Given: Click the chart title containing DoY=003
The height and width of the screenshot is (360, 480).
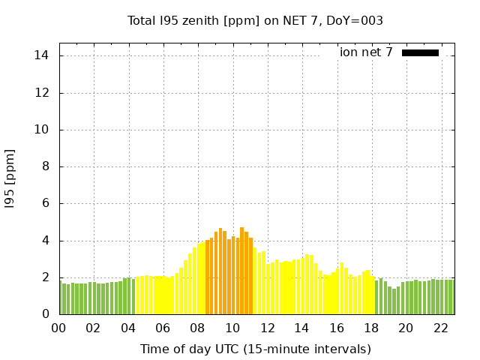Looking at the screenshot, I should tap(255, 21).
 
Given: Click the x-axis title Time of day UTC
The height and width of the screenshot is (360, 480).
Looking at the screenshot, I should tap(255, 349).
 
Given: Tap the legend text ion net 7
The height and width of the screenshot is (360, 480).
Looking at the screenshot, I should tap(366, 52).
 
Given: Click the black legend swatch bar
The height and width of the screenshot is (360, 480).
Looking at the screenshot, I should tap(420, 52).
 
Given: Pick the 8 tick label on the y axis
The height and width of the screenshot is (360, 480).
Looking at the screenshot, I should tap(45, 166).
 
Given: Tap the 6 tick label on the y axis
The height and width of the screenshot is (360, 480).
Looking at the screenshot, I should tap(45, 203).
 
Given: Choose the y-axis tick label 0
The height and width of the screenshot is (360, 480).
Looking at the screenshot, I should tap(45, 315).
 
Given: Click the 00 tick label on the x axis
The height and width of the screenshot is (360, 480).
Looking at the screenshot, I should tap(59, 328).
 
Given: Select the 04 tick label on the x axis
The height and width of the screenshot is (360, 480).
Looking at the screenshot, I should tap(128, 328).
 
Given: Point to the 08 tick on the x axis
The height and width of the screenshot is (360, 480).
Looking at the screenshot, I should tap(198, 328).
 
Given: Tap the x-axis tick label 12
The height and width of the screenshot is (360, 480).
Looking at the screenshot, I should tap(267, 328).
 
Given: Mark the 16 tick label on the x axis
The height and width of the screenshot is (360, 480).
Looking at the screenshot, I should tap(337, 328).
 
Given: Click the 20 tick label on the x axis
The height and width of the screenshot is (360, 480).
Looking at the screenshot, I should tap(406, 328).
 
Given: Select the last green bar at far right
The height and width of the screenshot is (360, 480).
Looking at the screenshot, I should tap(451, 297).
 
